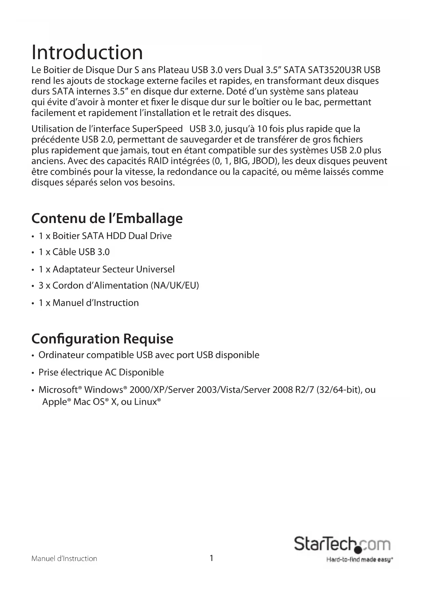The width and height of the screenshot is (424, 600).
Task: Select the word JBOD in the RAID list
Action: click(262, 161)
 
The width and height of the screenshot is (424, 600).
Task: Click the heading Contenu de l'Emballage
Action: click(107, 218)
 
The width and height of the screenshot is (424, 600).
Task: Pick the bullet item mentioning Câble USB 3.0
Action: click(74, 252)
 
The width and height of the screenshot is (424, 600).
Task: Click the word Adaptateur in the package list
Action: click(76, 270)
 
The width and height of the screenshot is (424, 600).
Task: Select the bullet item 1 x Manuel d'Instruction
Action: click(88, 303)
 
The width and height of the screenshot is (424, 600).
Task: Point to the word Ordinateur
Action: click(61, 355)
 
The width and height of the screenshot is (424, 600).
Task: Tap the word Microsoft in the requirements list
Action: click(58, 390)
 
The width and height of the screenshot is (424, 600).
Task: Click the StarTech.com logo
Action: click(342, 544)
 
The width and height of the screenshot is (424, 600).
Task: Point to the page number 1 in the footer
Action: click(211, 558)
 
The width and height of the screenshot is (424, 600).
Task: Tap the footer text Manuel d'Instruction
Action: click(64, 559)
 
